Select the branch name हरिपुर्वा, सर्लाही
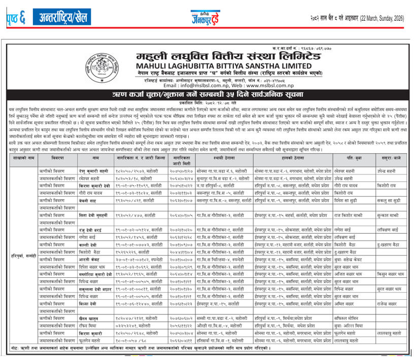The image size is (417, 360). pos(23,256)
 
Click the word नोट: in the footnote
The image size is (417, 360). pos(16,351)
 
